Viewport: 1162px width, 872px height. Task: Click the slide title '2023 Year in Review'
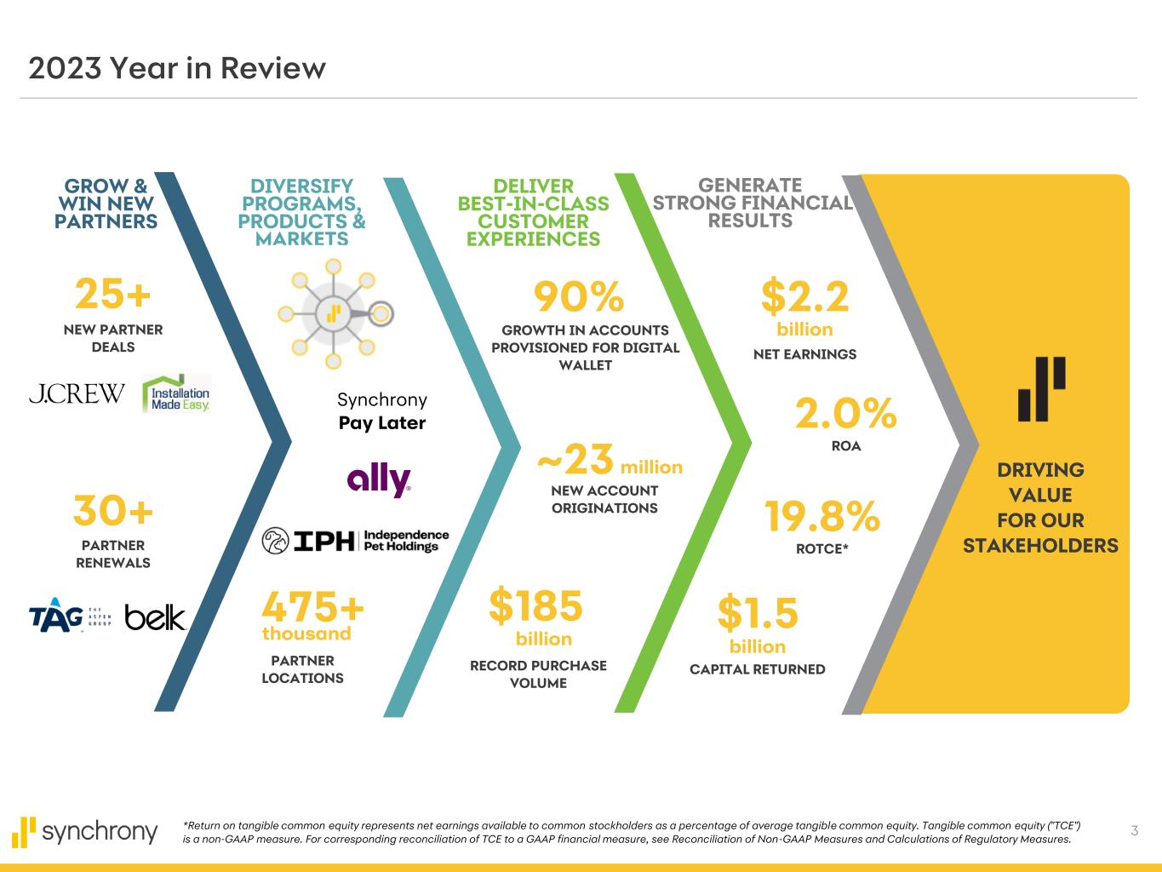(x=177, y=68)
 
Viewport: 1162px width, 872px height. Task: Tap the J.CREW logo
(x=77, y=393)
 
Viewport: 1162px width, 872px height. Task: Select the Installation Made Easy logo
(x=176, y=394)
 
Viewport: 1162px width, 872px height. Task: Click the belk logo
(x=155, y=617)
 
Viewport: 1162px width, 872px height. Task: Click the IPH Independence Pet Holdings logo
(x=355, y=540)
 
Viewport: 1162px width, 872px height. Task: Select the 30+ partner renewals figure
(x=113, y=511)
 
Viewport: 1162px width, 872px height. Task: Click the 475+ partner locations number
(x=313, y=607)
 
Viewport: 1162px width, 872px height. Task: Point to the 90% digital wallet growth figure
(x=579, y=297)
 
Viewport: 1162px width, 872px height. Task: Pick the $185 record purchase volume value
(x=535, y=605)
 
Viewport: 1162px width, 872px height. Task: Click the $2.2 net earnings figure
(x=804, y=297)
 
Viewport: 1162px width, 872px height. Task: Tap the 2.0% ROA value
(x=845, y=414)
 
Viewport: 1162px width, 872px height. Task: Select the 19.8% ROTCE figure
(x=821, y=516)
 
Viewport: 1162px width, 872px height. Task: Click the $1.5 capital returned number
(x=758, y=612)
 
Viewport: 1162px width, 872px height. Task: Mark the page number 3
(x=1134, y=830)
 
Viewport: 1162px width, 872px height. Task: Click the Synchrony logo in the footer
(x=85, y=831)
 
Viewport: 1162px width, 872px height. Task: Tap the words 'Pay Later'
(x=382, y=423)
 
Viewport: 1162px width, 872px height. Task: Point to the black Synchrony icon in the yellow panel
(x=1041, y=389)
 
